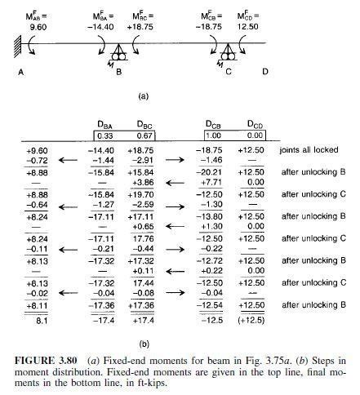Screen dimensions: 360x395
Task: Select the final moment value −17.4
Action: (x=103, y=322)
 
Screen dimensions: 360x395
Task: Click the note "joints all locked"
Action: (x=310, y=151)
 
